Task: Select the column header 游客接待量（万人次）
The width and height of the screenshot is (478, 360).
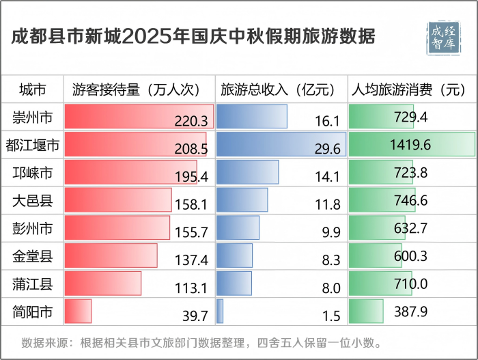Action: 135,89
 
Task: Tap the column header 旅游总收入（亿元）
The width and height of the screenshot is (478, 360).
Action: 278,89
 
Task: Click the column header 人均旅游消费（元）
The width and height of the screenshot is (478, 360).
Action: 408,89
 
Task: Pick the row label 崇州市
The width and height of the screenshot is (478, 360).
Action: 32,117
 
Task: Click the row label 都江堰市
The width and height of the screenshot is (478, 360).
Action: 32,145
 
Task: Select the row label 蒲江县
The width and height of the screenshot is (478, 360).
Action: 32,284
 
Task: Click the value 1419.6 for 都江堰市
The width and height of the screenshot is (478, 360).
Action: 411,146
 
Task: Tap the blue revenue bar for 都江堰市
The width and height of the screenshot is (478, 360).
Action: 281,144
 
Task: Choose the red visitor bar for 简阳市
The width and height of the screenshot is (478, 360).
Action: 78,311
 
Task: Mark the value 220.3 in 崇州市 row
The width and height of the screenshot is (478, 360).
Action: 191,121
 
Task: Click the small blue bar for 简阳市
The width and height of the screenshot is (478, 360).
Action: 220,311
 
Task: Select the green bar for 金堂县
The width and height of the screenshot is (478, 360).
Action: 375,255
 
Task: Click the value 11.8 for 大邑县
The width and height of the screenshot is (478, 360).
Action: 327,204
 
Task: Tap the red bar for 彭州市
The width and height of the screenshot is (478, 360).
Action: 117,227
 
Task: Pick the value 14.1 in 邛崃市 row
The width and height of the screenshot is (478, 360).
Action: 327,176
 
